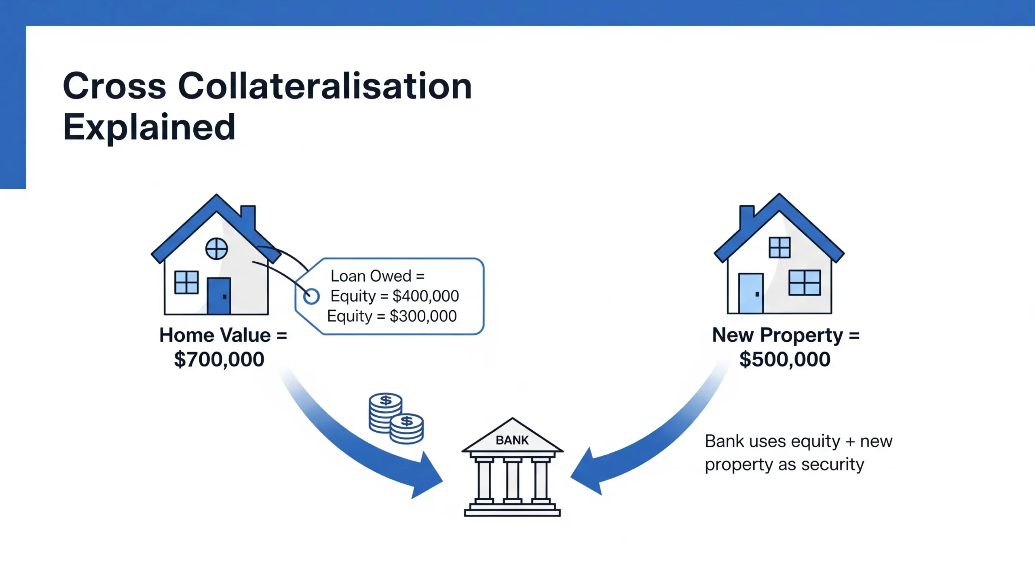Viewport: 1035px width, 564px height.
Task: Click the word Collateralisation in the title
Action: point(325,86)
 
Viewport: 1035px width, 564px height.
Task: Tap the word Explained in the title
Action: point(149,127)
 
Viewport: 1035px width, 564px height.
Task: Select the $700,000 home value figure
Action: point(219,359)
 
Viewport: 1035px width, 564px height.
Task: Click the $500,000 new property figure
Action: point(785,359)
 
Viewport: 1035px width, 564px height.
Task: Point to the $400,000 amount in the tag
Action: point(426,296)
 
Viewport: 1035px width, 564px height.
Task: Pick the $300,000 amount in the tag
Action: point(423,316)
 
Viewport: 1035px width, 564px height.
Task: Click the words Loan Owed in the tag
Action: point(371,276)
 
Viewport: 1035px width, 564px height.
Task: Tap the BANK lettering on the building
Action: point(512,440)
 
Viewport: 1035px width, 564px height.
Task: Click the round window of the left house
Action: point(217,248)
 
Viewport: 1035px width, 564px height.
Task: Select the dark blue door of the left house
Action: point(219,296)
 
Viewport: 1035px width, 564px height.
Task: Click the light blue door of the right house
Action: point(751,293)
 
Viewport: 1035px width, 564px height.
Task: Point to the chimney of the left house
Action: point(248,218)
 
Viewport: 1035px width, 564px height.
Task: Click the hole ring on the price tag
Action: point(311,296)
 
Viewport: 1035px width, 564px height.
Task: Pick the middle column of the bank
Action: point(512,480)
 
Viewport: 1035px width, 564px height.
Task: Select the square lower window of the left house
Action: point(186,282)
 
